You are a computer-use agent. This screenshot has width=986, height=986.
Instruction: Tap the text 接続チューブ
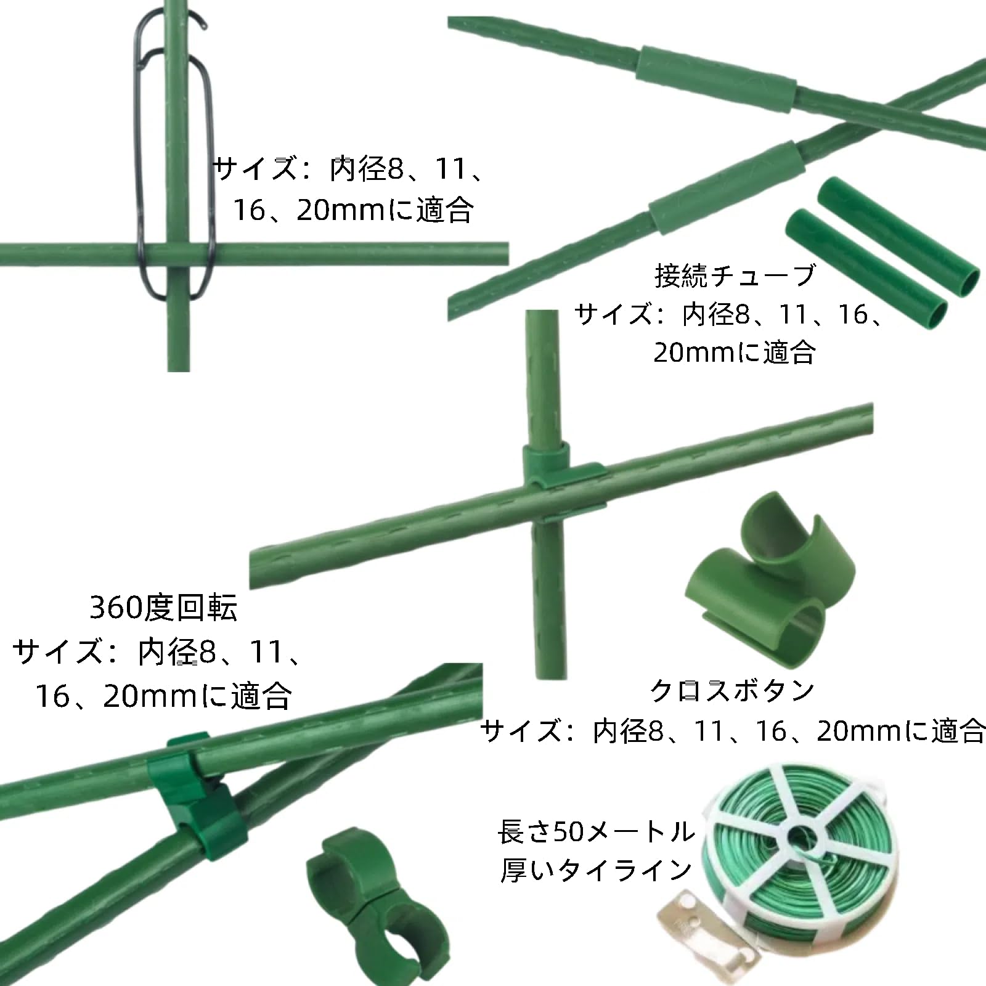pyautogui.click(x=735, y=275)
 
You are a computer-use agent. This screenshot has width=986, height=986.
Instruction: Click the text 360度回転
pyautogui.click(x=163, y=608)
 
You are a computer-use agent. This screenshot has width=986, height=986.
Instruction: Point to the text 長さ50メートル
pyautogui.click(x=597, y=832)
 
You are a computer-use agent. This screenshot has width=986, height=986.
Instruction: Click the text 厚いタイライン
pyautogui.click(x=597, y=871)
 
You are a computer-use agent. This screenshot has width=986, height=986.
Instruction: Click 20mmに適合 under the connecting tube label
pyautogui.click(x=735, y=352)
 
